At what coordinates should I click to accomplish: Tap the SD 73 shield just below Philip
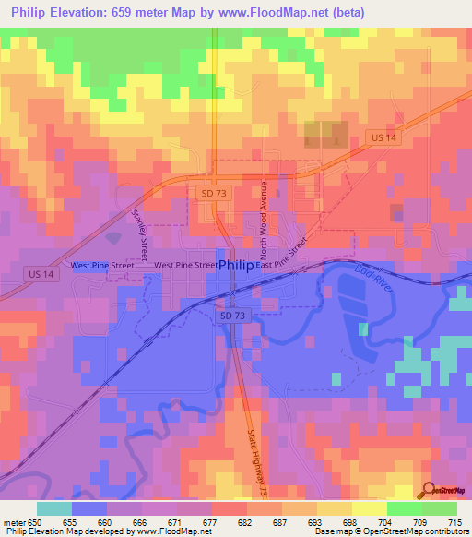(x=232, y=316)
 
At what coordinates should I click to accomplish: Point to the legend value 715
(x=455, y=523)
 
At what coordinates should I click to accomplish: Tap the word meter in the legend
(x=15, y=523)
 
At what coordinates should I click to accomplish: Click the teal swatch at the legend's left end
(x=54, y=508)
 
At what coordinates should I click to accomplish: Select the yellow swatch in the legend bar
(x=369, y=508)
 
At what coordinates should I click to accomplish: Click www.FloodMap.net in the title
(x=282, y=12)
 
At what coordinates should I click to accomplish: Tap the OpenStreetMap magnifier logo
(x=428, y=489)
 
